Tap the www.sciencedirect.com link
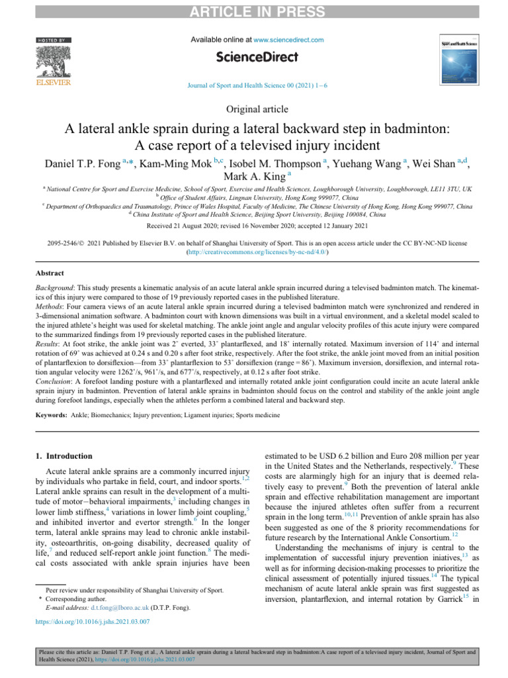[288, 40]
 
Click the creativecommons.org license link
[254, 253]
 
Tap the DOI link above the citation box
[93, 641]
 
